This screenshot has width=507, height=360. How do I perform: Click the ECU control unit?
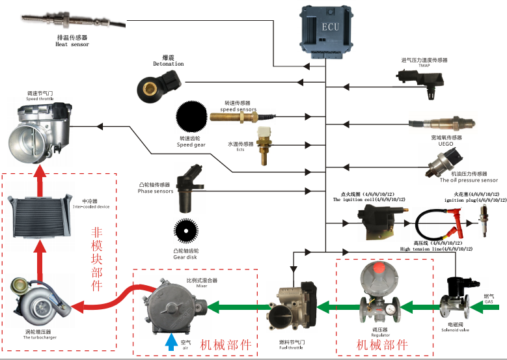(329, 29)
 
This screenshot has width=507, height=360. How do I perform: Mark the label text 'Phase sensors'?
(156, 191)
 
